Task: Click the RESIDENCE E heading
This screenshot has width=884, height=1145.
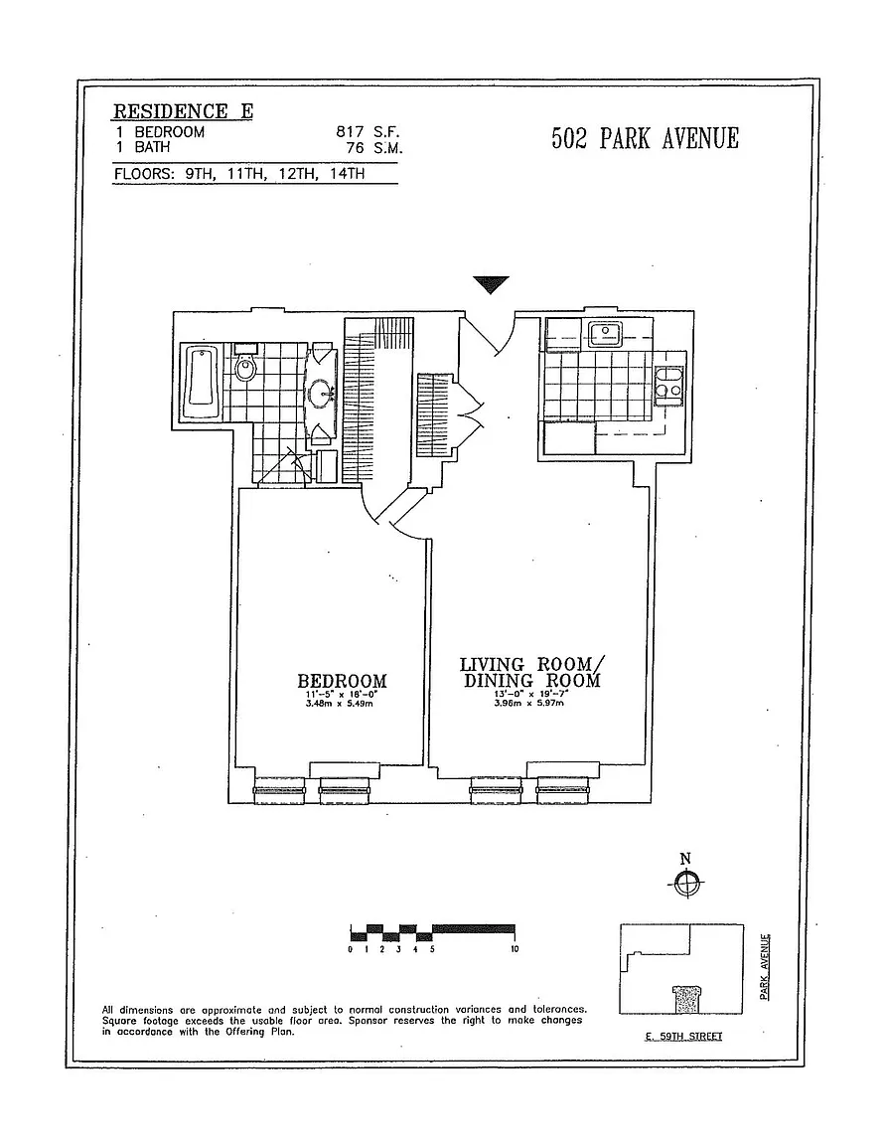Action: tap(183, 111)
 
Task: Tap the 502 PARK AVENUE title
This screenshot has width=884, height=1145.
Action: tap(646, 138)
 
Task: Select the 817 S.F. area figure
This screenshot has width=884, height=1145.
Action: tap(368, 131)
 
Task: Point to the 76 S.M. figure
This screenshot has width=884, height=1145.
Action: tap(374, 147)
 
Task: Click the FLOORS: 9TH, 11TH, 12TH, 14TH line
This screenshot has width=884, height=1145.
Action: tap(239, 174)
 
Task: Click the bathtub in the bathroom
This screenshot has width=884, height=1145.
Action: tap(200, 382)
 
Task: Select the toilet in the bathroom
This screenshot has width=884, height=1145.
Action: tap(245, 365)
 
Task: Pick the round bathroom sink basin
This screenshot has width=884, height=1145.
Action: tap(321, 394)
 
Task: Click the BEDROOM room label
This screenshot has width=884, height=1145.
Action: tap(342, 681)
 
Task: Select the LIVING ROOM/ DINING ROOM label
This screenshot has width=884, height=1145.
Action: tap(531, 673)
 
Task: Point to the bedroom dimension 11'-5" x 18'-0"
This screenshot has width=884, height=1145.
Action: tap(342, 695)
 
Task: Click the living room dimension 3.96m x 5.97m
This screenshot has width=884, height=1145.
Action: tap(529, 704)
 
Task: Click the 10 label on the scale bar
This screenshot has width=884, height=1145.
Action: tap(515, 949)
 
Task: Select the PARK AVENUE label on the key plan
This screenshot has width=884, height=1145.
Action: tap(765, 967)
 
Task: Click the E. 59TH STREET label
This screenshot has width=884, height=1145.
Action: tap(684, 1037)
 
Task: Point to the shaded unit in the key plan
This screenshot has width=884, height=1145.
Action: tap(686, 998)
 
